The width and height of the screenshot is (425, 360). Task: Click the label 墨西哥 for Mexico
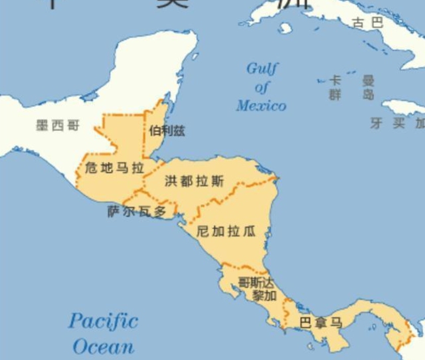(58, 125)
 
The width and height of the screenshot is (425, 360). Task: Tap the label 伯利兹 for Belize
(167, 131)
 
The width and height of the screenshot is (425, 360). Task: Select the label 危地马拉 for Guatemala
(114, 168)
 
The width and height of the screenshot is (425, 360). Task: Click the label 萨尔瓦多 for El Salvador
(137, 212)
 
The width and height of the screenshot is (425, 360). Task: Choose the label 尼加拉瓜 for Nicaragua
(226, 231)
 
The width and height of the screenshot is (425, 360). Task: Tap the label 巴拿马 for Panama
(321, 323)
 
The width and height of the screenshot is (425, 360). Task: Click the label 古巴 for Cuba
(368, 23)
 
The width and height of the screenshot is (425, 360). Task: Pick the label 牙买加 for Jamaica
(398, 124)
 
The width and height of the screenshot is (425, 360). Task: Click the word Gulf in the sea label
(263, 68)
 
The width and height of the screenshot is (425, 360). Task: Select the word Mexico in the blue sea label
(261, 106)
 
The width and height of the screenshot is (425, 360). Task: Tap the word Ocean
(103, 347)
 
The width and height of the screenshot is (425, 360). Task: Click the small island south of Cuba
(286, 28)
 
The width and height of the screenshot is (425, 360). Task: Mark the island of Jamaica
(402, 107)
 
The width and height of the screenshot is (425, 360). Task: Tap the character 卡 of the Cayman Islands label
(335, 80)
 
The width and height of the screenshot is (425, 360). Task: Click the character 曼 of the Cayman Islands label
(368, 80)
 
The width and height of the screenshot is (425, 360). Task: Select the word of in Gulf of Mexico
(262, 87)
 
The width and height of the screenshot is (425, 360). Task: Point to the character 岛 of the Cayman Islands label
(368, 95)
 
